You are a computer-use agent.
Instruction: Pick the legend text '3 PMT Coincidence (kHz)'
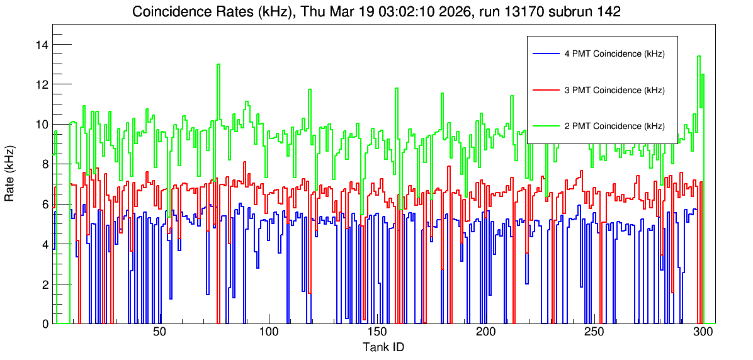(614, 90)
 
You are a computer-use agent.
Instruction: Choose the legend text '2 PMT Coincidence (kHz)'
(614, 127)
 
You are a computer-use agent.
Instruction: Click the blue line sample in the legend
(545, 53)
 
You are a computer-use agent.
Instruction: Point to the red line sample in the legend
(545, 89)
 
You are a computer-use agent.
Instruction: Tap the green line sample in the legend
(545, 125)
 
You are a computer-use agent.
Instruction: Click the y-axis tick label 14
(42, 45)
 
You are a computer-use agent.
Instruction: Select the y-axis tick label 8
(45, 164)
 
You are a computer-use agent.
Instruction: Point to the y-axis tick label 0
(45, 324)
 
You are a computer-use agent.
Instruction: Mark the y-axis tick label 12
(42, 84)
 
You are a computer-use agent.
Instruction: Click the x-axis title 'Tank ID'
(383, 347)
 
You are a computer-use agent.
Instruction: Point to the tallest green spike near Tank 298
(699, 56)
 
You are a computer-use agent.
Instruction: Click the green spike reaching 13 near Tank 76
(218, 64)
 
